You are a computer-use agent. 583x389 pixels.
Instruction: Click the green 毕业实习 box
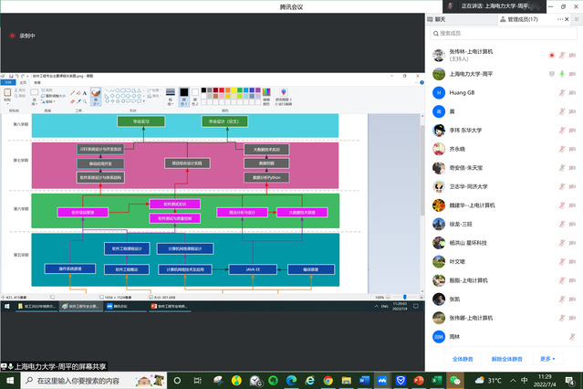(x=141, y=121)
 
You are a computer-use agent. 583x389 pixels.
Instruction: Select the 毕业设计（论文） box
(x=224, y=121)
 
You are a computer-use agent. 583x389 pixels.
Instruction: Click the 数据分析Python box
(x=266, y=176)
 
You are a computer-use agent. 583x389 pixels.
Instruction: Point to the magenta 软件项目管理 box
(x=83, y=212)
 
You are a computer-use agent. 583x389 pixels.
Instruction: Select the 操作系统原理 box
(x=70, y=269)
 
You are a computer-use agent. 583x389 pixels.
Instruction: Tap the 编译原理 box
(x=310, y=269)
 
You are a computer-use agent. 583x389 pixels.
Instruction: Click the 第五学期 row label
(x=20, y=255)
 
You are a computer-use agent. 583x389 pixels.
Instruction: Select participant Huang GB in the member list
(x=465, y=92)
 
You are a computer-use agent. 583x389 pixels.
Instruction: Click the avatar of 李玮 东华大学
(x=439, y=130)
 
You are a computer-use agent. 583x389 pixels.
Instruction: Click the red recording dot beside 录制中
(x=12, y=36)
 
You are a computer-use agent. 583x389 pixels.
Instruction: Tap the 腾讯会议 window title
(x=291, y=6)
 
